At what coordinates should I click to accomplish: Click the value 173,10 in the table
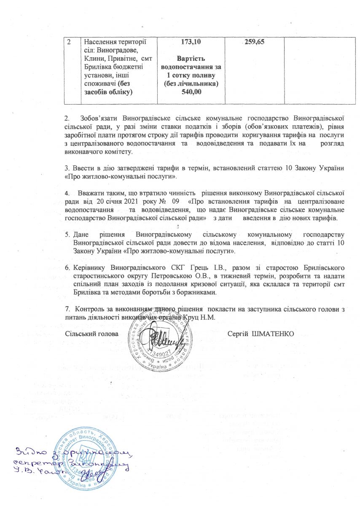(x=191, y=42)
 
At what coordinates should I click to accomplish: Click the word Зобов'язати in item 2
(x=98, y=115)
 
